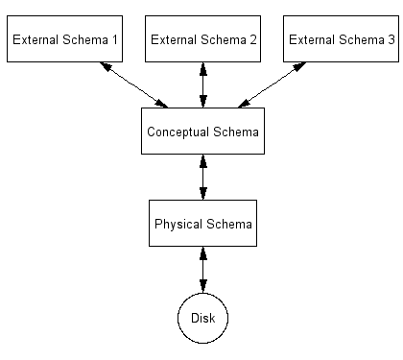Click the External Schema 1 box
pos(64,38)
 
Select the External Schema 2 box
pos(202,38)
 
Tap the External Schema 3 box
pos(341,38)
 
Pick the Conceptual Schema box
pos(202,131)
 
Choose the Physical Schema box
pos(202,223)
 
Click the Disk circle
pos(202,318)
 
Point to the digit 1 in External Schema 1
pos(114,39)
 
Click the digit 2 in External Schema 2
pos(253,39)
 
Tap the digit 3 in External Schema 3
pos(391,39)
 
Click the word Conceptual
pos(178,132)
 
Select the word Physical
pos(178,225)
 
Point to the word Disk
pos(202,318)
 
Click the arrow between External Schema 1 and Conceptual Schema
pos(133,84)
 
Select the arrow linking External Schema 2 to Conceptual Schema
pos(202,84)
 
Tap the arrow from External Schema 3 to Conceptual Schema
pos(272,84)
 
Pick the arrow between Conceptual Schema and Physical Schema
pos(202,177)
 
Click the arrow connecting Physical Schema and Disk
pos(202,270)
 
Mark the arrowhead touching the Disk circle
pos(202,287)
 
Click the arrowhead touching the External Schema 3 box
pos(299,66)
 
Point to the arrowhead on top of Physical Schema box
pos(202,194)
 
